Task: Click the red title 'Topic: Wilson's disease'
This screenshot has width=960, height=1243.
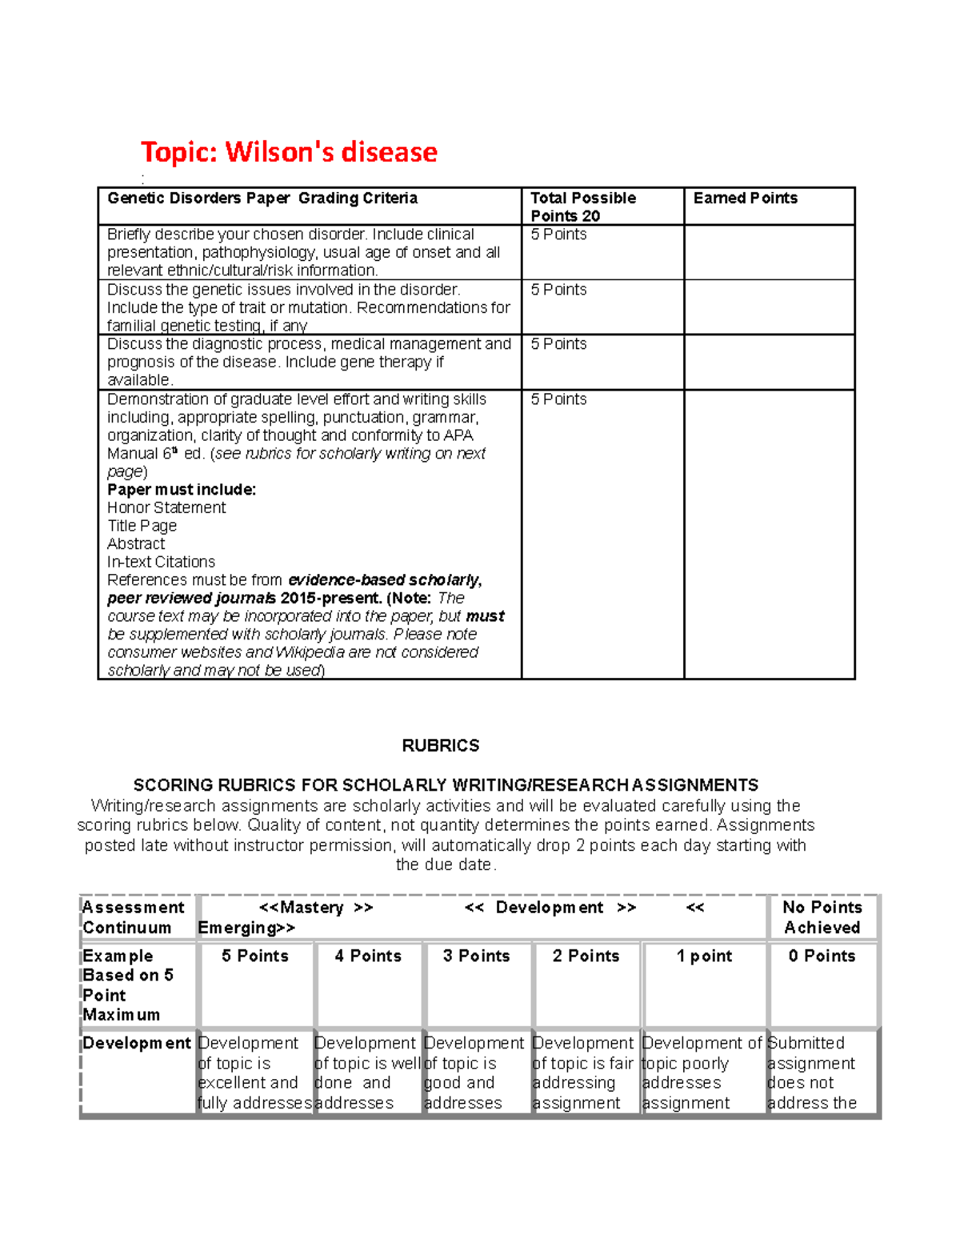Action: pyautogui.click(x=289, y=151)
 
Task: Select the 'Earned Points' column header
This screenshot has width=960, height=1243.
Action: pyautogui.click(x=745, y=198)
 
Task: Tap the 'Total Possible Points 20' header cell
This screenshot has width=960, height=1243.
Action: pyautogui.click(x=583, y=206)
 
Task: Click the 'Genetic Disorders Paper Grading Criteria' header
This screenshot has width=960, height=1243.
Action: pyautogui.click(x=262, y=198)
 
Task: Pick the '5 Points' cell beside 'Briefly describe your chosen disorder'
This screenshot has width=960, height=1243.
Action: pyautogui.click(x=558, y=235)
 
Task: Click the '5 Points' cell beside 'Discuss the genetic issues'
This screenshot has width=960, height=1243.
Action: pyautogui.click(x=558, y=290)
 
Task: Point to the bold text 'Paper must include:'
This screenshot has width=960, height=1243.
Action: pyautogui.click(x=182, y=490)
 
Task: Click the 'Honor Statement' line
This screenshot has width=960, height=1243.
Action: pyautogui.click(x=166, y=507)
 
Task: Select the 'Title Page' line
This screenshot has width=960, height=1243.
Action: pyautogui.click(x=142, y=526)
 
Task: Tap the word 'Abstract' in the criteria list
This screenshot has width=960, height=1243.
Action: pyautogui.click(x=136, y=544)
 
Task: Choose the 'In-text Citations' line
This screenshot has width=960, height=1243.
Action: pyautogui.click(x=161, y=562)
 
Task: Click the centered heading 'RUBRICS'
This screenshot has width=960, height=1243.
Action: pyautogui.click(x=441, y=746)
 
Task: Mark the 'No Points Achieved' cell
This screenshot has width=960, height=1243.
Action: pyautogui.click(x=822, y=917)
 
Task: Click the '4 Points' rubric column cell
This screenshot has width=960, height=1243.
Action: pyautogui.click(x=368, y=956)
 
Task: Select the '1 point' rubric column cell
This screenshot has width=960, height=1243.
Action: pyautogui.click(x=704, y=956)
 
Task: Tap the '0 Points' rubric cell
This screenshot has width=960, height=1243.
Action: pyautogui.click(x=822, y=956)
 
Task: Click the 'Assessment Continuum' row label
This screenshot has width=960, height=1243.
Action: pyautogui.click(x=133, y=917)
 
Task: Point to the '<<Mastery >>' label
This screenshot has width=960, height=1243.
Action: pyautogui.click(x=316, y=908)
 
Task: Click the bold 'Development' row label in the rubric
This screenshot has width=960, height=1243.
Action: pyautogui.click(x=137, y=1044)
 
